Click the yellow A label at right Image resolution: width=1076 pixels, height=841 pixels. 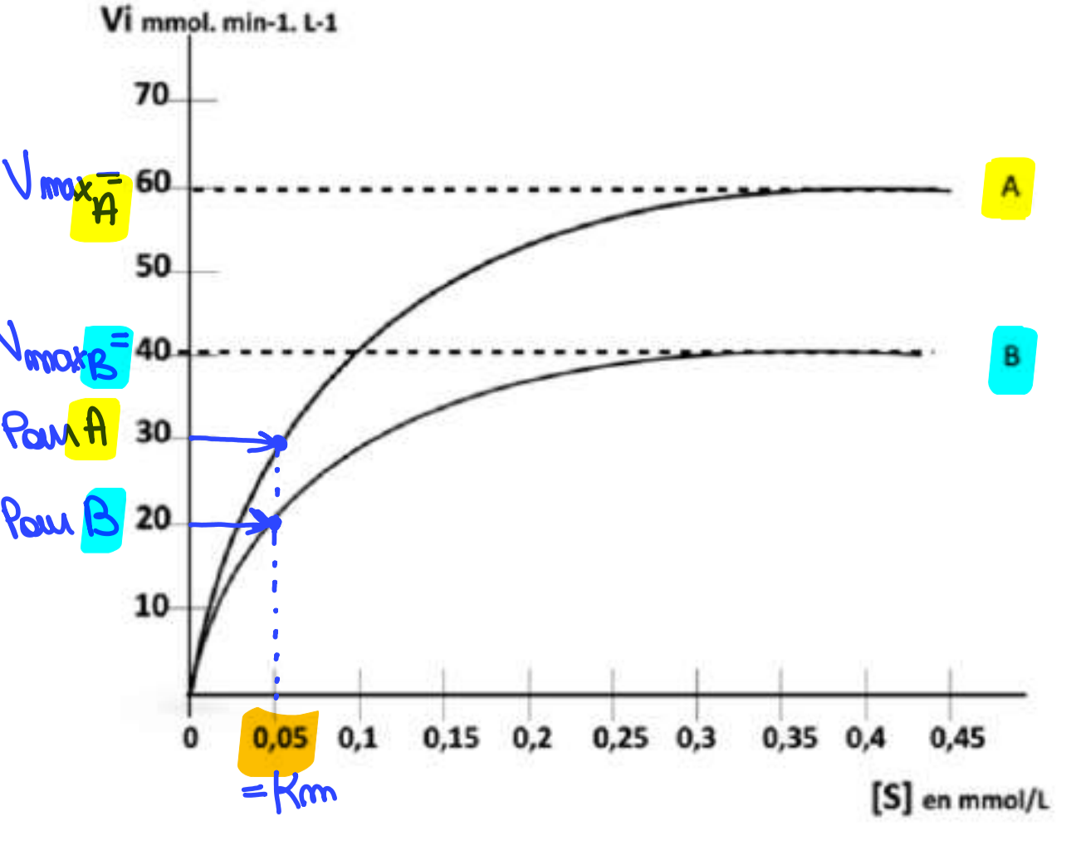(1009, 188)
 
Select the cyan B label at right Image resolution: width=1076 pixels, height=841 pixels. (1012, 358)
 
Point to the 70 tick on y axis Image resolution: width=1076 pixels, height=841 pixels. (152, 96)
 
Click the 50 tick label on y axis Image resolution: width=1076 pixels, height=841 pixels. (152, 268)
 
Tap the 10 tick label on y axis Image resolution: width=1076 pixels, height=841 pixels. (152, 606)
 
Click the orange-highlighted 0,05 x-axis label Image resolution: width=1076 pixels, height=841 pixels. (280, 738)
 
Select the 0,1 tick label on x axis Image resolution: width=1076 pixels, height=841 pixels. (358, 738)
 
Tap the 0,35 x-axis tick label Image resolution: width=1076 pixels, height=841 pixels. (790, 738)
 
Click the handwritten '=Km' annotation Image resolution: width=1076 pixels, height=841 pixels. (290, 793)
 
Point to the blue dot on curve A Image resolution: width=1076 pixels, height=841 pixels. (280, 444)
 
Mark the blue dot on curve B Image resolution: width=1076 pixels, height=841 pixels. (275, 523)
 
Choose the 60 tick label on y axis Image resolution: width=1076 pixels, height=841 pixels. (152, 182)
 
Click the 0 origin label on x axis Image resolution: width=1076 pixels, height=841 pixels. (191, 738)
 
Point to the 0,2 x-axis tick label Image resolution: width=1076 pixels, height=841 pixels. (532, 738)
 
